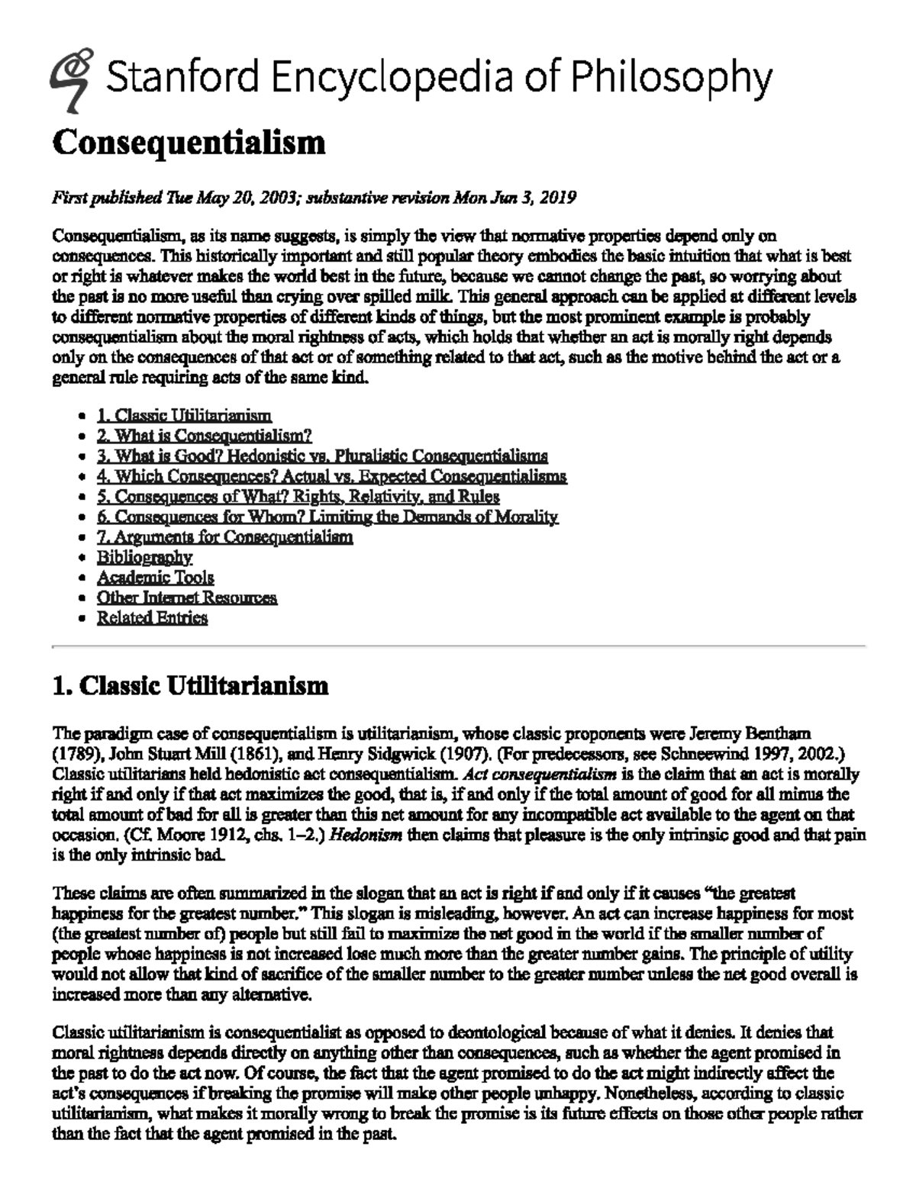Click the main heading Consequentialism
pyautogui.click(x=189, y=143)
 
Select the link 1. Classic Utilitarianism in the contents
pyautogui.click(x=184, y=416)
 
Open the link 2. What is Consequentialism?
pyautogui.click(x=205, y=436)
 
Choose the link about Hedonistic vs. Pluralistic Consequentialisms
pyautogui.click(x=322, y=456)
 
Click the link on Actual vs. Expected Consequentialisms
pyautogui.click(x=331, y=476)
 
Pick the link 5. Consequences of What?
pyautogui.click(x=298, y=497)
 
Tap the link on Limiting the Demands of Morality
pyautogui.click(x=327, y=517)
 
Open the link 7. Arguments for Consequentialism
pyautogui.click(x=224, y=537)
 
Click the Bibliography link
pyautogui.click(x=144, y=557)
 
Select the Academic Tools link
pyautogui.click(x=155, y=578)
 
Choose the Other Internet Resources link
pyautogui.click(x=186, y=597)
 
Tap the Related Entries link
pyautogui.click(x=152, y=618)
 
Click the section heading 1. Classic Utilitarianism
pyautogui.click(x=190, y=686)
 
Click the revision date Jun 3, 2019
pyautogui.click(x=537, y=198)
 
